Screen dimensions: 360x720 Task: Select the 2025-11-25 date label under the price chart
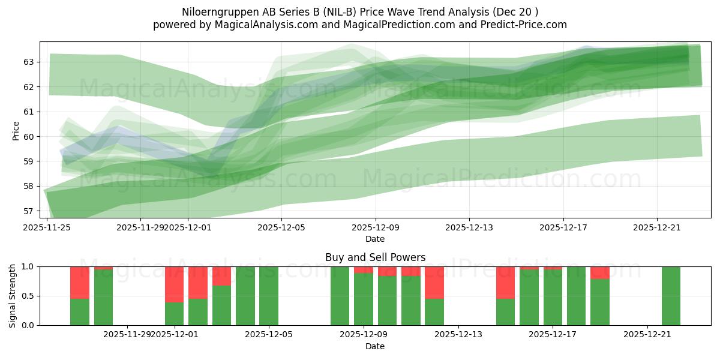pos(47,227)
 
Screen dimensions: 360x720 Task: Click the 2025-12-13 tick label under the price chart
pos(469,227)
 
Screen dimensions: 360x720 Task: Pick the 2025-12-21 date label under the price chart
pos(657,227)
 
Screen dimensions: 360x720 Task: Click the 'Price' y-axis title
pos(16,130)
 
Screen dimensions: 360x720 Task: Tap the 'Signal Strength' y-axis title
pos(13,296)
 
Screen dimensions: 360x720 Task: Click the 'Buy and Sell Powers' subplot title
pos(375,257)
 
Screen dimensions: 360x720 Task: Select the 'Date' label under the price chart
pos(375,239)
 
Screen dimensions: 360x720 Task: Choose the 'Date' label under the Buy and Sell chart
pos(375,346)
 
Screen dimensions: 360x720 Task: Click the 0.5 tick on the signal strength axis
pos(28,296)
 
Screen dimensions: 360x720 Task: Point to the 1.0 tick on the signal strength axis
pos(28,266)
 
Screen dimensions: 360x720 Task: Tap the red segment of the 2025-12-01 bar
pos(174,284)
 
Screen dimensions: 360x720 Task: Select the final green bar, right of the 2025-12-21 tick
pos(671,296)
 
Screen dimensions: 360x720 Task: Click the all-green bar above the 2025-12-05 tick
pos(268,296)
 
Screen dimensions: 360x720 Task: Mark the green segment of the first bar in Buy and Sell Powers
pos(80,312)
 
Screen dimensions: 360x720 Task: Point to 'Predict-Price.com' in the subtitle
pos(527,25)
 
